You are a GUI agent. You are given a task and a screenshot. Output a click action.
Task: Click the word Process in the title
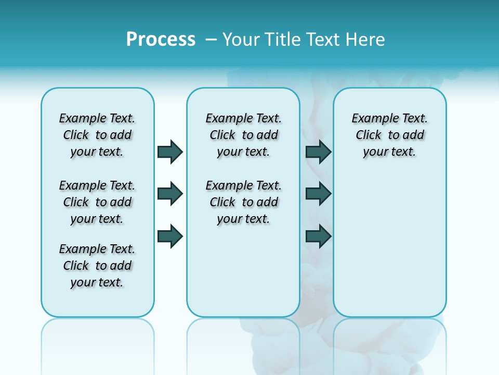(x=161, y=39)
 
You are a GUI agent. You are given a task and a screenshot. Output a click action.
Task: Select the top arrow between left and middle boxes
(x=170, y=152)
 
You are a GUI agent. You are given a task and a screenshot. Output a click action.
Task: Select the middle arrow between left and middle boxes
(x=170, y=194)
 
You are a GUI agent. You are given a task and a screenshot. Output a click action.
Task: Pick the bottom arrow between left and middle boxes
(x=170, y=236)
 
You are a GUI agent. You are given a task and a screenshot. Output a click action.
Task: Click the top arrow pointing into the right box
(x=318, y=152)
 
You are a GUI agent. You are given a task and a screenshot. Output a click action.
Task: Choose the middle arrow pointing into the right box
(x=318, y=194)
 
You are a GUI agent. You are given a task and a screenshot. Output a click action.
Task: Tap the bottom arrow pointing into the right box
(x=318, y=236)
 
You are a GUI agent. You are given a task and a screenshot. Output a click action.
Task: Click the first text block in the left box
(x=97, y=135)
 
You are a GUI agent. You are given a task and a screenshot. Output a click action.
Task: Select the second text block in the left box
(x=97, y=202)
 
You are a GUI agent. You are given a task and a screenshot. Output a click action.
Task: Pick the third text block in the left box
(x=97, y=266)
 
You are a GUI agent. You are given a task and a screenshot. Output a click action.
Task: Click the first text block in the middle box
(x=243, y=135)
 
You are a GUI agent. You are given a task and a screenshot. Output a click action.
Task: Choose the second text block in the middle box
(x=243, y=202)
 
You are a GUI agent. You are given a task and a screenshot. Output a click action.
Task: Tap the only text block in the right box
(x=389, y=135)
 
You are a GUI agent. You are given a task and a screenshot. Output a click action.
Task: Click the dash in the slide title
(x=211, y=40)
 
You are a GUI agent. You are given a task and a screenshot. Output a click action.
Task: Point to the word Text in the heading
(x=323, y=39)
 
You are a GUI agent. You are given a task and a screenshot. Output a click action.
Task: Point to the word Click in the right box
(x=369, y=135)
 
